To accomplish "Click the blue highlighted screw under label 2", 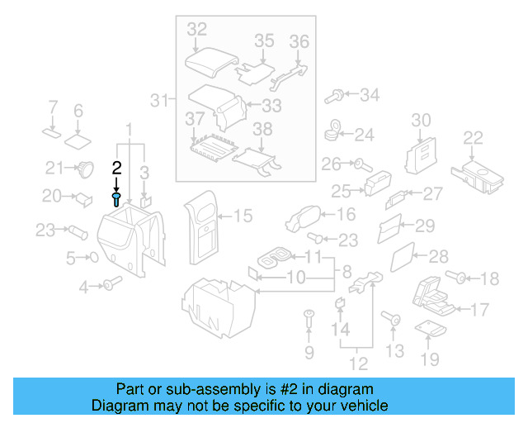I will [x=117, y=199].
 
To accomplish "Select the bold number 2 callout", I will [x=117, y=168].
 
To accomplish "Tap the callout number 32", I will [x=197, y=29].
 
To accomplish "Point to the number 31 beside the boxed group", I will [x=159, y=101].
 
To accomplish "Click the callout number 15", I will [x=243, y=216].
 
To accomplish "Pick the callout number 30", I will [x=421, y=121].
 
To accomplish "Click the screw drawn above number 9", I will [x=309, y=316].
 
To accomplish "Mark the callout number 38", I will [x=262, y=129].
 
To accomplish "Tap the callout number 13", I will [x=395, y=351].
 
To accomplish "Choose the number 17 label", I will [x=479, y=311].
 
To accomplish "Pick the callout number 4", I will [x=83, y=288].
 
